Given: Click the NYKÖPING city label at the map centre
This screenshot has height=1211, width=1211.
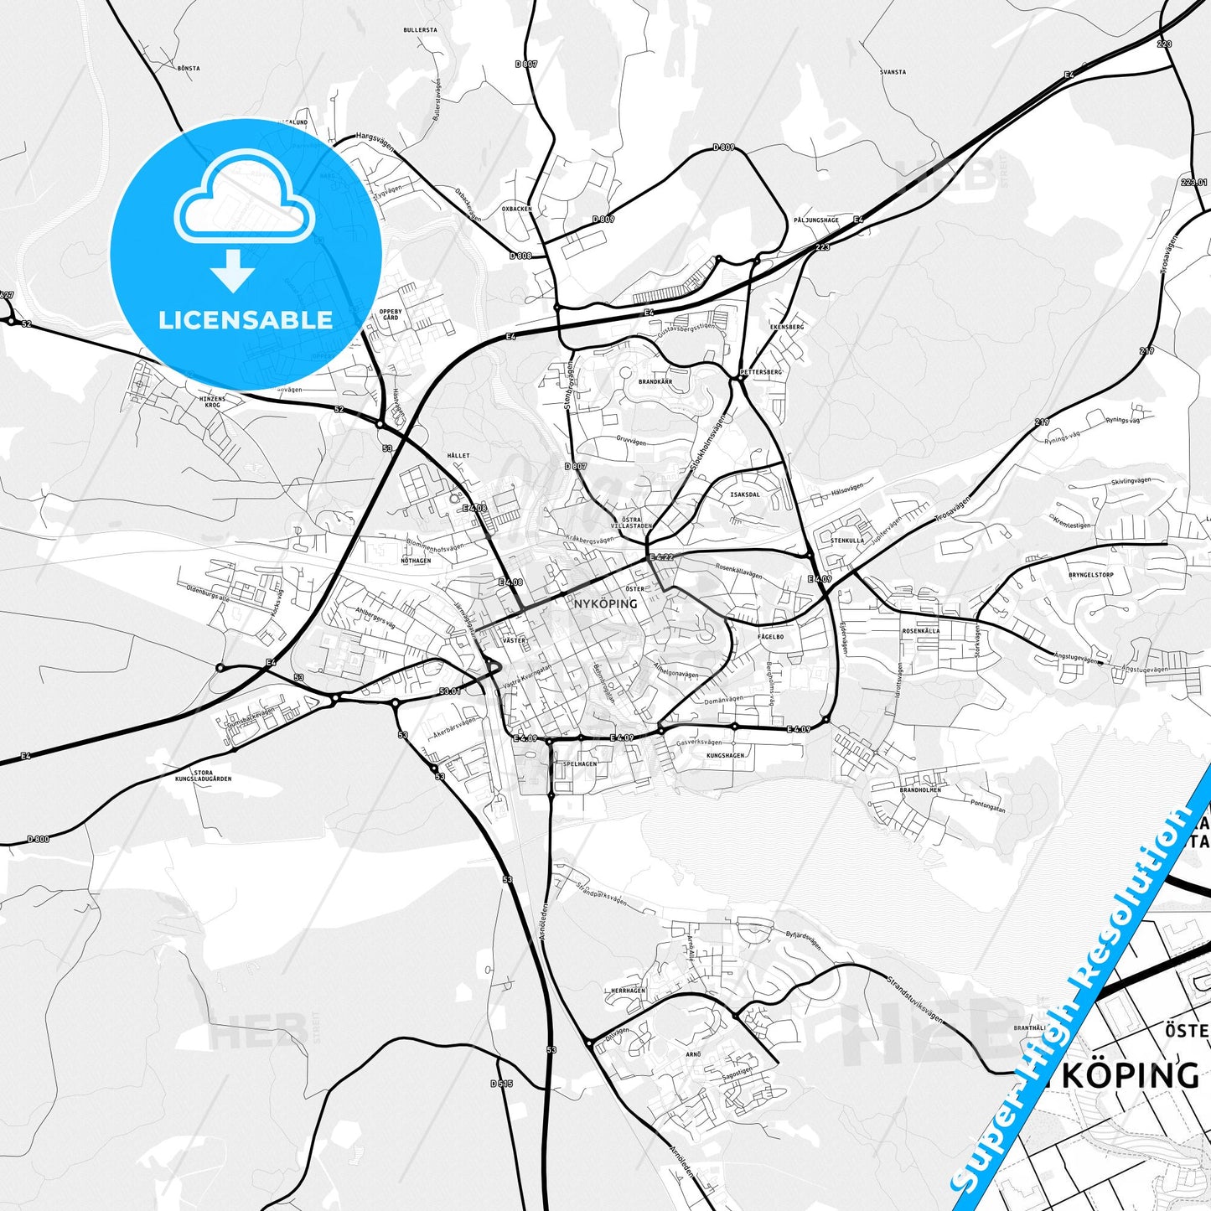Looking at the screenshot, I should (605, 603).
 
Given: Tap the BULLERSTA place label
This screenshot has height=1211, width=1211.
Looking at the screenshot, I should (420, 29).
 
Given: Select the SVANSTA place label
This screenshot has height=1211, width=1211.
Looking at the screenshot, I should (893, 72).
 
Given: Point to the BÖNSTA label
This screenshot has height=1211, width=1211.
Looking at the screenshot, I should (189, 68).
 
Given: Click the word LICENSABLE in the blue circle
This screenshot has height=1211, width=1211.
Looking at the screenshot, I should (246, 320).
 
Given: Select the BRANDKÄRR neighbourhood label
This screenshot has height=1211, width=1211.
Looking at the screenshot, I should (655, 381).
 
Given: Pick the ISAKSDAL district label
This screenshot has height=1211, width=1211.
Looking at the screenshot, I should (745, 494).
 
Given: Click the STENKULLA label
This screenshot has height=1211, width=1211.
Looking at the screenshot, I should (847, 541).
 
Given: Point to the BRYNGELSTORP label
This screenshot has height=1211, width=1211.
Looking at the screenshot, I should (1091, 575).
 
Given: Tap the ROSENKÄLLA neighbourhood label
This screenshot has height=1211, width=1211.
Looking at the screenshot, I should (920, 630).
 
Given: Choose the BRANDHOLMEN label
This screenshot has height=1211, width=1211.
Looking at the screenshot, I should (920, 789).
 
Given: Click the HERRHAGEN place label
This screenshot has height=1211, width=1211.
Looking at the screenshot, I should (628, 991).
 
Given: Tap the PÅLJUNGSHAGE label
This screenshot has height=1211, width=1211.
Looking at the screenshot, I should (816, 220).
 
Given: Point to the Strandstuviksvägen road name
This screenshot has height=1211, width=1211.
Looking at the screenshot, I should (914, 998).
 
